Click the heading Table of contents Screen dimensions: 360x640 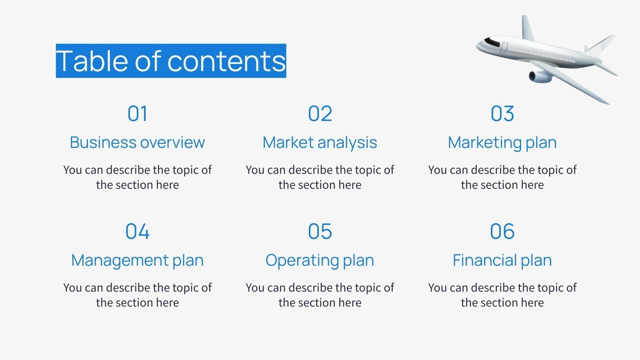[x=171, y=61]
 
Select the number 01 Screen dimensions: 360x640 [x=137, y=114]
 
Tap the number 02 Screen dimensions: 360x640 [x=320, y=114]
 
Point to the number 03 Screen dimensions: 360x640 [x=502, y=114]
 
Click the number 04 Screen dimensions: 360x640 [x=137, y=231]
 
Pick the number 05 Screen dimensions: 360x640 [x=320, y=231]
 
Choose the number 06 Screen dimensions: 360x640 [x=502, y=231]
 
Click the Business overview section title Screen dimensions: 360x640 [x=137, y=142]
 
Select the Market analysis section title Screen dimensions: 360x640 [x=320, y=142]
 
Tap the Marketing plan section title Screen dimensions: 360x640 [x=502, y=142]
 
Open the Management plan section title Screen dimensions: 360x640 [x=137, y=260]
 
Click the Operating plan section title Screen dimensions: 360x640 [x=320, y=260]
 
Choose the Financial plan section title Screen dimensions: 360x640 [x=502, y=260]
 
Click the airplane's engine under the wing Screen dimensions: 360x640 [x=540, y=76]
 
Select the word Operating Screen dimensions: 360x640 [x=302, y=260]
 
